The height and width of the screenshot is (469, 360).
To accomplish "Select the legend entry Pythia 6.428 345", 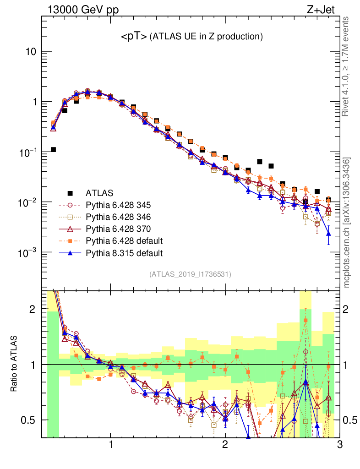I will click(119, 205).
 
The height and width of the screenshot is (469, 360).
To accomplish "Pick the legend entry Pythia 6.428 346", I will click(119, 217).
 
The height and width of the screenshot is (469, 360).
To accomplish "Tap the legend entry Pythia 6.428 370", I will click(119, 229).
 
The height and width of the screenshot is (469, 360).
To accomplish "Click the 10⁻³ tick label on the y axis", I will click(27, 253).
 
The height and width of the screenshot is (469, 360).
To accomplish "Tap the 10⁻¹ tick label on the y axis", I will click(27, 153).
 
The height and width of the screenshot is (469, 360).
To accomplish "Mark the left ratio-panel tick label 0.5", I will click(30, 420).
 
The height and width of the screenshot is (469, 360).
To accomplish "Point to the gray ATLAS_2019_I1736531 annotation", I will click(190, 274).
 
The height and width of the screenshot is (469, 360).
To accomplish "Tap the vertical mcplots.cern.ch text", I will click(347, 222).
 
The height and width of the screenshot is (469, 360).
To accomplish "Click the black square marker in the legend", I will click(71, 193).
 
